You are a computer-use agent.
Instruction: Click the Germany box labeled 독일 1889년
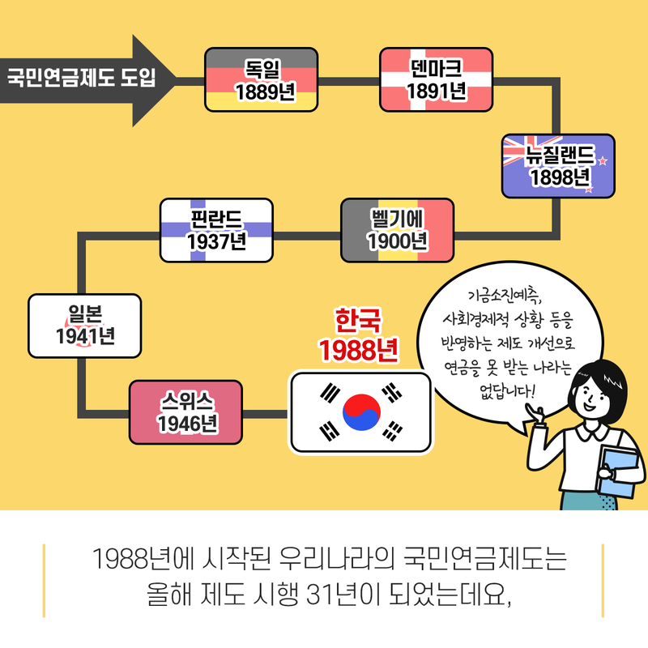tap(261, 79)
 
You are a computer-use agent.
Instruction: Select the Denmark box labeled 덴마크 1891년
tap(436, 79)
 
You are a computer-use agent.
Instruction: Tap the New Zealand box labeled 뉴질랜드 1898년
tap(558, 166)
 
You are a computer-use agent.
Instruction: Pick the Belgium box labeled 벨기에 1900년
tap(397, 229)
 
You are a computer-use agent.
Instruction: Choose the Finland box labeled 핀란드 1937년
tap(215, 229)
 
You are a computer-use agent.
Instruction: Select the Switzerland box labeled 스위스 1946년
tap(186, 411)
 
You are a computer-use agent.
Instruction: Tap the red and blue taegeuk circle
tap(361, 411)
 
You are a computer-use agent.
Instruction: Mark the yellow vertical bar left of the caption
tap(44, 580)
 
